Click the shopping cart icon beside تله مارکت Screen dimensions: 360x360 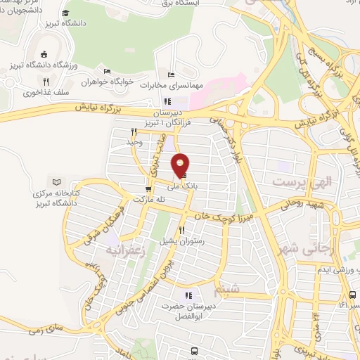point(148,188)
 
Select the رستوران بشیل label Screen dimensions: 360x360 point(181,240)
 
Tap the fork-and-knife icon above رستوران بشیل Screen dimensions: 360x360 point(182,230)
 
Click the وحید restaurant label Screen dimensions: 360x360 point(134,142)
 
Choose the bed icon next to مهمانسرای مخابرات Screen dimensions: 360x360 point(171,75)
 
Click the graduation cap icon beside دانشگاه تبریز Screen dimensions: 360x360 point(65,13)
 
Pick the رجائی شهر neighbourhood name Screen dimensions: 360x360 point(315,249)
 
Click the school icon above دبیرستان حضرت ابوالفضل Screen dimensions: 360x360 point(188,295)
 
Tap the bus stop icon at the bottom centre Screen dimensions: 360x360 point(194,350)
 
